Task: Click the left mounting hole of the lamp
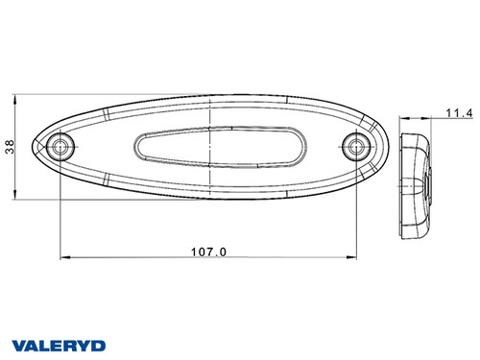point(61,147)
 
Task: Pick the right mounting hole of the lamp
point(357,147)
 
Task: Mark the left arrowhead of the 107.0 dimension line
point(64,258)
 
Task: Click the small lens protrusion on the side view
point(430,181)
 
